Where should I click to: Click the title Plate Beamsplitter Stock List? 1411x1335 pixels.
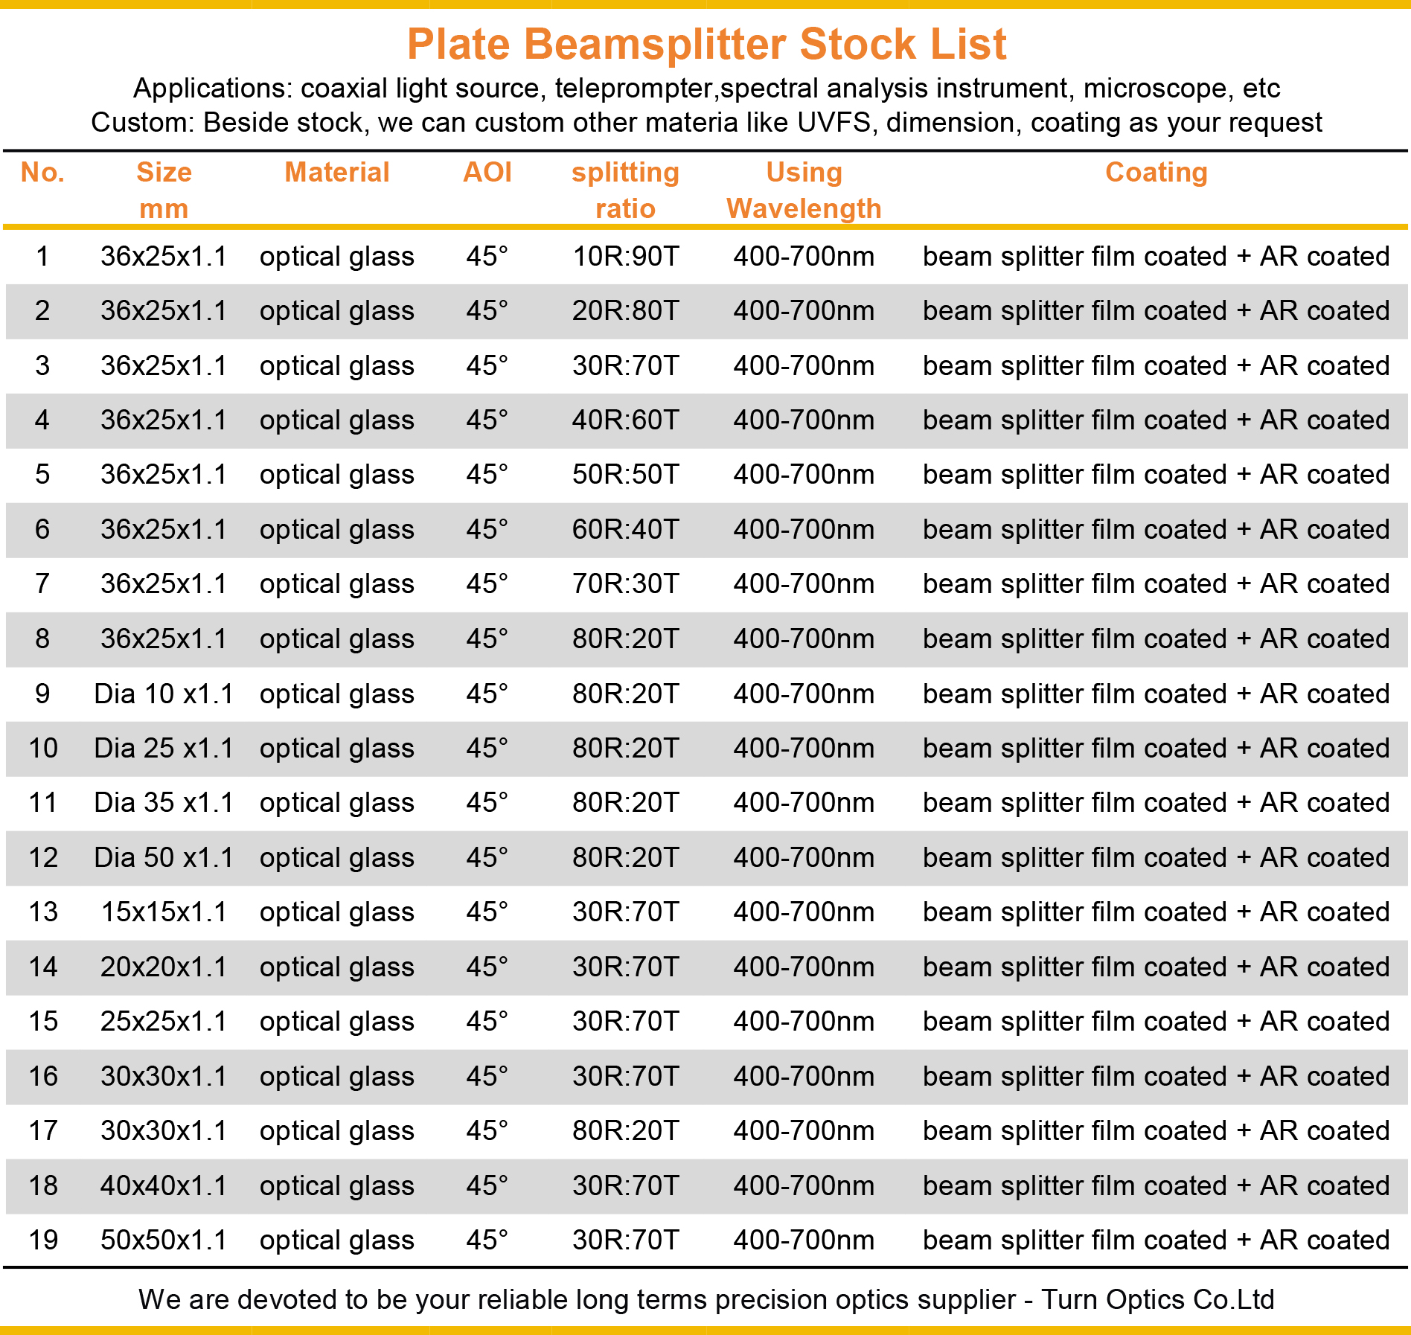[x=706, y=44]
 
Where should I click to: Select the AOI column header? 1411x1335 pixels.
[x=487, y=173]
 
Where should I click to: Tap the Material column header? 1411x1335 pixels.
[x=337, y=173]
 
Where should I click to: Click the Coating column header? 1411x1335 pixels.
[x=1156, y=173]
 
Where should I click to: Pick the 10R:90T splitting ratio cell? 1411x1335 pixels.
[x=625, y=257]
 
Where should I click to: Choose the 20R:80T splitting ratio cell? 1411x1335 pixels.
[x=625, y=311]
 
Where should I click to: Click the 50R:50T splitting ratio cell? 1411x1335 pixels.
[x=625, y=475]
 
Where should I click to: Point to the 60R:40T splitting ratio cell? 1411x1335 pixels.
[x=625, y=530]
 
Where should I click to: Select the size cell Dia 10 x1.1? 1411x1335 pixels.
[x=164, y=694]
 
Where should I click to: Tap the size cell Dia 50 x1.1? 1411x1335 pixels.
[x=164, y=858]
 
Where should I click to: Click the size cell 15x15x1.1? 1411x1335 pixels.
[x=164, y=912]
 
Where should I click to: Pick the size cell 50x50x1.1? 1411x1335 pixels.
[x=164, y=1240]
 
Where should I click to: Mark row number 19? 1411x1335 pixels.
[x=43, y=1240]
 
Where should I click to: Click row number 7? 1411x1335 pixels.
[x=42, y=584]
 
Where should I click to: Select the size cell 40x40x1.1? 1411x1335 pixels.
[x=164, y=1186]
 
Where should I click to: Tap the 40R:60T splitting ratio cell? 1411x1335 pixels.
[x=625, y=420]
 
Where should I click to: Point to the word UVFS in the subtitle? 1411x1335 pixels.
[x=834, y=123]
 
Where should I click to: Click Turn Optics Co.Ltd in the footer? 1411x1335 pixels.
[x=1157, y=1300]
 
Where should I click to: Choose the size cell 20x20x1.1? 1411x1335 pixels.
[x=164, y=967]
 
